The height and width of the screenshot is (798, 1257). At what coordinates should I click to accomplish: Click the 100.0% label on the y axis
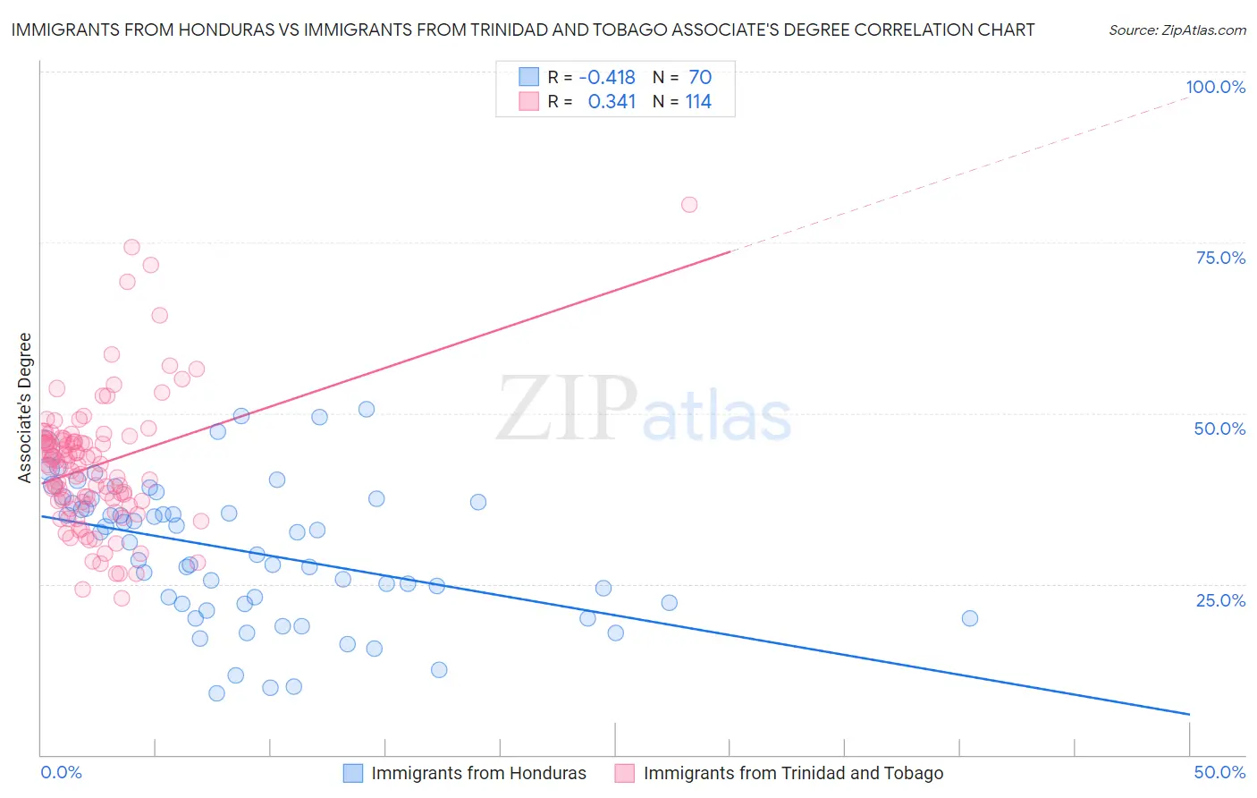pyautogui.click(x=1215, y=87)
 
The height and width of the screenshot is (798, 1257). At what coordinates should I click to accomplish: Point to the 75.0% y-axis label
pyautogui.click(x=1220, y=258)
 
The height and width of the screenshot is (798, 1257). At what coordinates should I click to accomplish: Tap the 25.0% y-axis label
pyautogui.click(x=1220, y=600)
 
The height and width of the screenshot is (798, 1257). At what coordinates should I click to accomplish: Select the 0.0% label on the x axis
pyautogui.click(x=61, y=772)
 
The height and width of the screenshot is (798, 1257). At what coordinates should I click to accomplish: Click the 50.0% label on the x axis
pyautogui.click(x=1219, y=772)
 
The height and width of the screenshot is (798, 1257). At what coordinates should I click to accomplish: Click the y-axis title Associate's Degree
pyautogui.click(x=25, y=408)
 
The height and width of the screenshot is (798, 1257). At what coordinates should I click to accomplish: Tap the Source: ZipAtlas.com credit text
pyautogui.click(x=1177, y=30)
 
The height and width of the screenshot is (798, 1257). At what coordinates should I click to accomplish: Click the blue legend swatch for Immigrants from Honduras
pyautogui.click(x=354, y=773)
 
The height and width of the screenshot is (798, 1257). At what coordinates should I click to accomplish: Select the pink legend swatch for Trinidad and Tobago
pyautogui.click(x=625, y=773)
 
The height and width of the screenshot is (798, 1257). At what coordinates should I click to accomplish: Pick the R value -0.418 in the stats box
pyautogui.click(x=607, y=77)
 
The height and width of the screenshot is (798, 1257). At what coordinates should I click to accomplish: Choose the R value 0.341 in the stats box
pyautogui.click(x=612, y=102)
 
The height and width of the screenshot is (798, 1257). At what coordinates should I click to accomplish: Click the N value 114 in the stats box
pyautogui.click(x=698, y=102)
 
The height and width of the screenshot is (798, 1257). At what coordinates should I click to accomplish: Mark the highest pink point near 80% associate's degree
pyautogui.click(x=689, y=205)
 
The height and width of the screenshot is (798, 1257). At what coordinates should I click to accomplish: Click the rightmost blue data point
pyautogui.click(x=970, y=618)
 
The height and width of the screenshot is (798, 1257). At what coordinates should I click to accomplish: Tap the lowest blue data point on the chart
pyautogui.click(x=216, y=693)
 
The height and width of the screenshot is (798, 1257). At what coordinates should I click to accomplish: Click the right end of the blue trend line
pyautogui.click(x=1188, y=714)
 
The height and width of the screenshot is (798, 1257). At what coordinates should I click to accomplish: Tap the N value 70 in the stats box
pyautogui.click(x=700, y=77)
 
